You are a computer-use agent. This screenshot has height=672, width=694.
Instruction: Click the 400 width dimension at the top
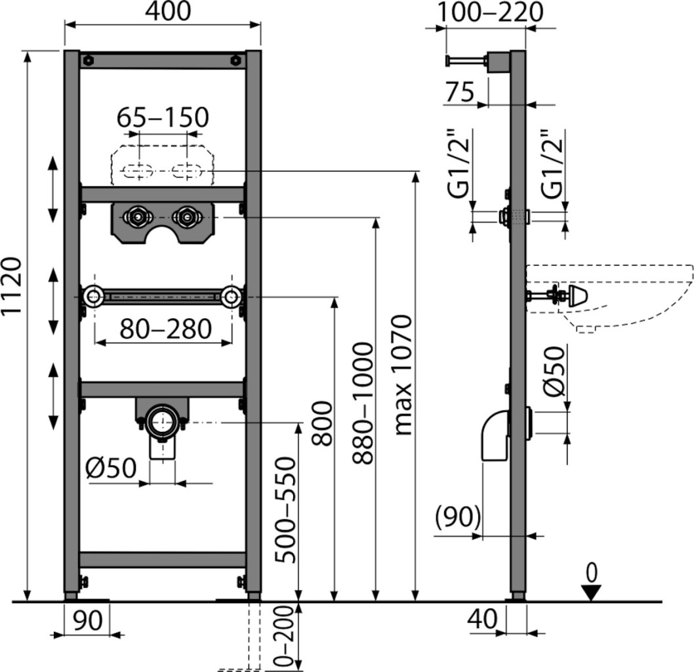pyautogui.click(x=163, y=10)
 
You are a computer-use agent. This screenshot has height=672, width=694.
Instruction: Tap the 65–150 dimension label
pyautogui.click(x=163, y=117)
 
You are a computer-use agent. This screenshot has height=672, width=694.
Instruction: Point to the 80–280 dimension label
pyautogui.click(x=165, y=329)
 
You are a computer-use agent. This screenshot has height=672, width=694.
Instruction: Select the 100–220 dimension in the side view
pyautogui.click(x=491, y=12)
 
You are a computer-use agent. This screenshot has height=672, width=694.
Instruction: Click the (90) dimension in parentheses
pyautogui.click(x=458, y=518)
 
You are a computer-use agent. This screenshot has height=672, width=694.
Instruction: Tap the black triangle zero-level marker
pyautogui.click(x=591, y=593)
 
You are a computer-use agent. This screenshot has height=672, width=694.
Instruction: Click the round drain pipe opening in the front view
pyautogui.click(x=162, y=421)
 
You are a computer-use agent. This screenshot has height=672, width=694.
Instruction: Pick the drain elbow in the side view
pyautogui.click(x=495, y=436)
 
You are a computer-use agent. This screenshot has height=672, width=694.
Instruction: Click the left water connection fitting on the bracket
pyautogui.click(x=138, y=215)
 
